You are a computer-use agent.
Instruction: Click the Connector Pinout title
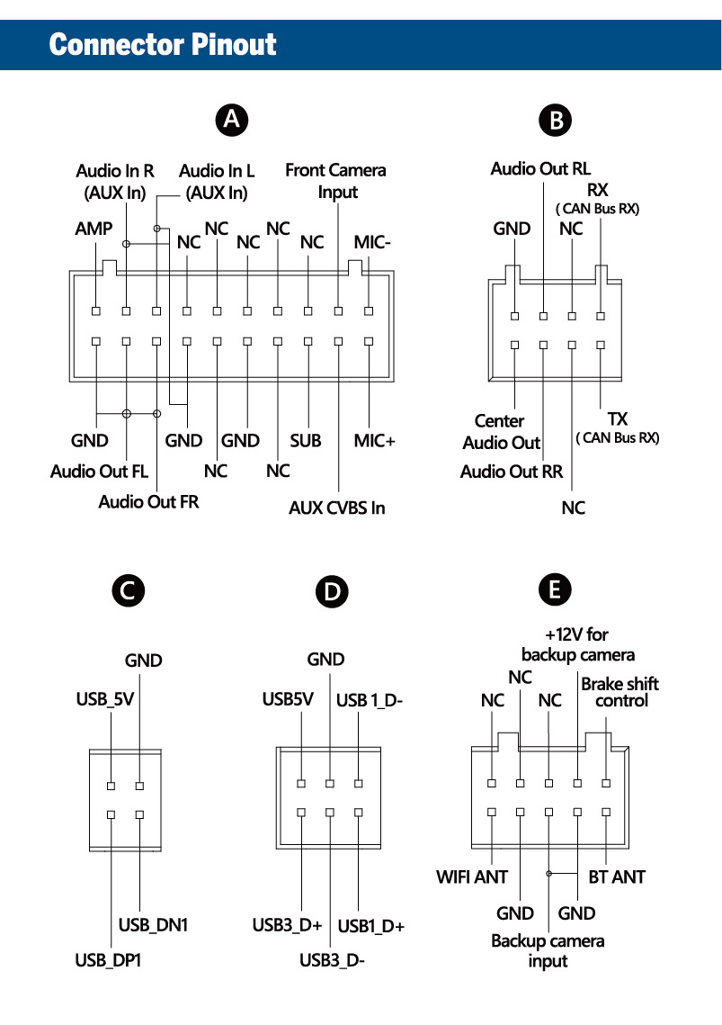point(163,44)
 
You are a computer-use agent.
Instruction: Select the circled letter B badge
point(556,121)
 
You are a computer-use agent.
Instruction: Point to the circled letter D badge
point(333,591)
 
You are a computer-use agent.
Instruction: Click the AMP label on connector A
point(94,229)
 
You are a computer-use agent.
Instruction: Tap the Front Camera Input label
point(335,181)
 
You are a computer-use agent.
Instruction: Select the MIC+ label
point(374,440)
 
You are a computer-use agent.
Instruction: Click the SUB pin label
point(306,440)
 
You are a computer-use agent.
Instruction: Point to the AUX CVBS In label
point(337,508)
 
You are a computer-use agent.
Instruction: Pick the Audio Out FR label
point(148,501)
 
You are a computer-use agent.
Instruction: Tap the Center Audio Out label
point(501,432)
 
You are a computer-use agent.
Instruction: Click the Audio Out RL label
point(540,168)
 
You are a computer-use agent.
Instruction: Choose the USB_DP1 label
point(108,960)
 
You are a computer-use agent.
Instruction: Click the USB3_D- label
point(332,959)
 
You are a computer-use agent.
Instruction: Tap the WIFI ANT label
point(472,876)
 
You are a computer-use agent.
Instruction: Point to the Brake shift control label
point(619,691)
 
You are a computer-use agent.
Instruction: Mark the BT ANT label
point(616,876)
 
